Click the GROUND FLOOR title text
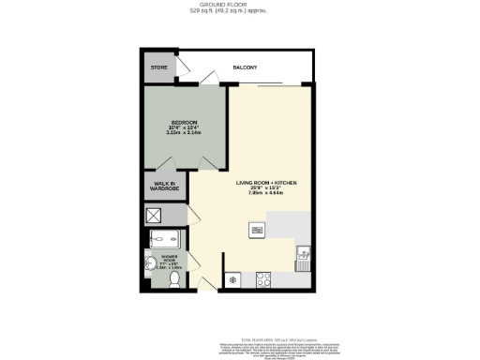(239, 5)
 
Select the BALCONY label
(245, 68)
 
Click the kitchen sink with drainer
(303, 257)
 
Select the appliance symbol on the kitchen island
(255, 231)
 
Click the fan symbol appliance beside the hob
(232, 278)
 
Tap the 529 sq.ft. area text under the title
(239, 12)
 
